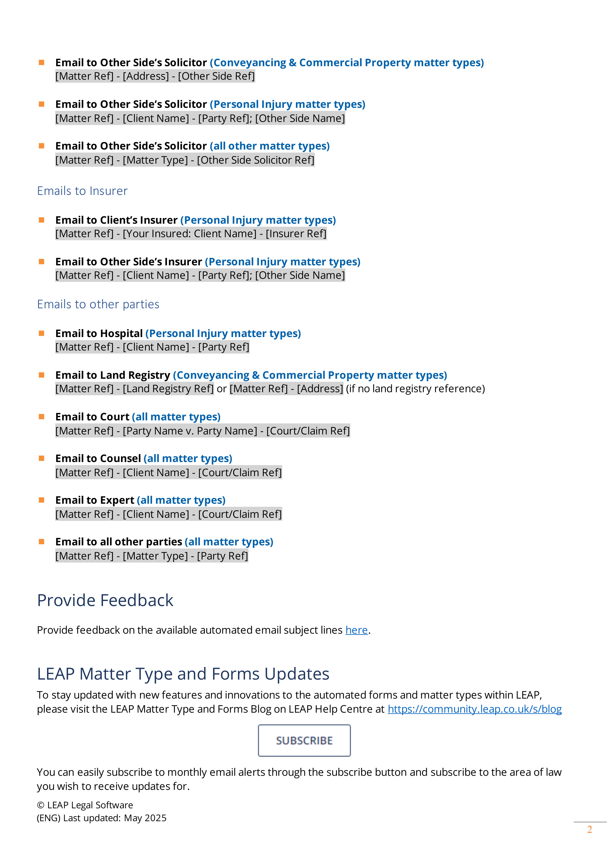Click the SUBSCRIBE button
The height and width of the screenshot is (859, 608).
coord(304,740)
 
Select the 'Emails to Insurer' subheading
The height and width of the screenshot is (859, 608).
coord(82,191)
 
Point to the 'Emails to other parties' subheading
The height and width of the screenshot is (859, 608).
coord(98,304)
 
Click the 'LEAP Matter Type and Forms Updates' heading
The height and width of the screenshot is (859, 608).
coord(183,674)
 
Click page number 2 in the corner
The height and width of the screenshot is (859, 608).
coord(589,829)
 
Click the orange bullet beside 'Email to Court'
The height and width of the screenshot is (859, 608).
coord(42,416)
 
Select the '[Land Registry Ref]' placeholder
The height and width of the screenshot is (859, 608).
coord(168,389)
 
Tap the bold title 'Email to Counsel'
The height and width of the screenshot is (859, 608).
coord(98,458)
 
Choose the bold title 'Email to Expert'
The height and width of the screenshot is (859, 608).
coord(95,500)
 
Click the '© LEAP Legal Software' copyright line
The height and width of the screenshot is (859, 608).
coord(85,805)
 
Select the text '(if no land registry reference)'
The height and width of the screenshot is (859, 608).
coord(415,389)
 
